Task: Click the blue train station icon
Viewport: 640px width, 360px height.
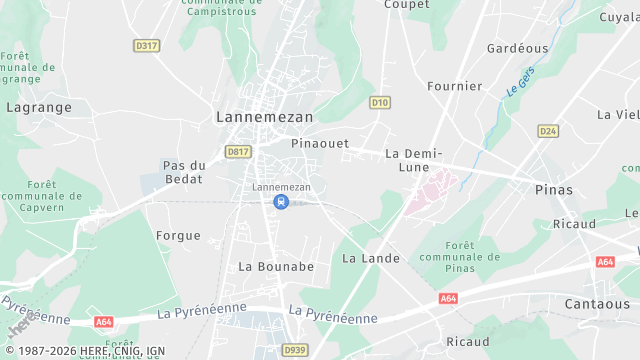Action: coord(281,202)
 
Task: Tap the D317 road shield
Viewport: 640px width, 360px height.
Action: coord(146,46)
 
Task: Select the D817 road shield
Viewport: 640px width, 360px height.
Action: coord(238,151)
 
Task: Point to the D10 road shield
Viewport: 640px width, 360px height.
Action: coord(379,102)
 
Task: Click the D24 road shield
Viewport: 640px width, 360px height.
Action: coord(547,131)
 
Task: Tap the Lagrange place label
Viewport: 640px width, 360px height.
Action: coord(39,106)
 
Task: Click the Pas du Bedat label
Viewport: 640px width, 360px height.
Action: coord(184,172)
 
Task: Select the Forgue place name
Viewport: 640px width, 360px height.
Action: coord(178,236)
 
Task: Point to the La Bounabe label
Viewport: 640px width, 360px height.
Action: coord(276,267)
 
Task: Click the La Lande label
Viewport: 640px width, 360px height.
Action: coord(371,258)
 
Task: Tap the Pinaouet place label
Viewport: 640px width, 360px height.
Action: coord(320,144)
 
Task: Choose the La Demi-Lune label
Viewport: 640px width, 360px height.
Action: coord(413,160)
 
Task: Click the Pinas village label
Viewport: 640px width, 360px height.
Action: coord(554,190)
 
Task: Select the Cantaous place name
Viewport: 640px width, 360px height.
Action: coord(597,304)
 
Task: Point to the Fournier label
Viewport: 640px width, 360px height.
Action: coord(455,87)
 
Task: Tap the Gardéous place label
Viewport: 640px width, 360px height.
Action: coord(517,48)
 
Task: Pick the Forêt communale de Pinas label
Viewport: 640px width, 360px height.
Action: coord(459,257)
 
